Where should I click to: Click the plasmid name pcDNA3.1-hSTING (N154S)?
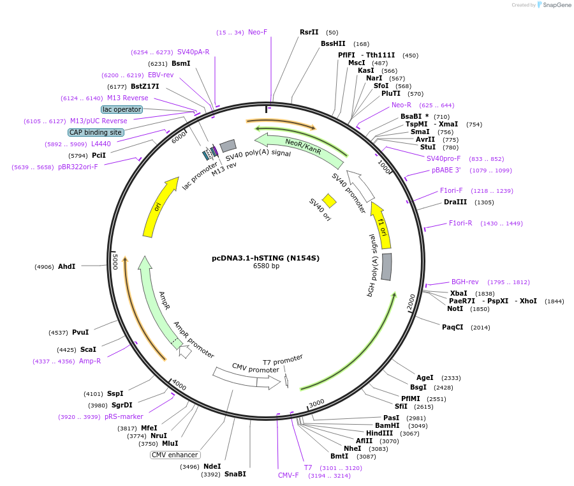click(x=266, y=258)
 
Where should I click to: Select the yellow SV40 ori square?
click(x=328, y=201)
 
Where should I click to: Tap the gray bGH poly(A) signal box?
click(x=386, y=267)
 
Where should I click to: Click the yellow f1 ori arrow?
click(x=381, y=225)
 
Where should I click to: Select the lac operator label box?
click(x=122, y=109)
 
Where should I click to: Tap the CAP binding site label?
click(x=96, y=132)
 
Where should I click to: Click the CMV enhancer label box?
click(x=175, y=455)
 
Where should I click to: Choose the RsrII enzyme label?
click(x=309, y=33)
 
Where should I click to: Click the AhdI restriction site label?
click(x=66, y=266)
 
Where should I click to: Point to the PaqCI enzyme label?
click(x=452, y=327)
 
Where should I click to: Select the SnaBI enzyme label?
click(x=235, y=474)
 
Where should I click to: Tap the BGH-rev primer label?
click(x=465, y=282)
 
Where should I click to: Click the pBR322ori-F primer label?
click(x=78, y=167)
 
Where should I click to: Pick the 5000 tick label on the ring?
click(x=115, y=262)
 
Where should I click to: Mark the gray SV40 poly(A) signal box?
click(x=228, y=146)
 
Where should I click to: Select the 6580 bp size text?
click(x=266, y=266)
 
